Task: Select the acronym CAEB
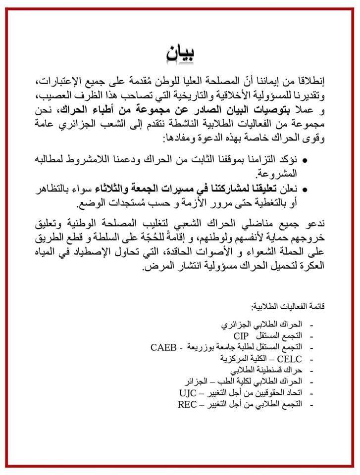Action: (x=164, y=346)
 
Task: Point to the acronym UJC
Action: (x=188, y=393)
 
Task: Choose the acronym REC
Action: (x=188, y=404)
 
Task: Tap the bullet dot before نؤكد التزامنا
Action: (x=304, y=161)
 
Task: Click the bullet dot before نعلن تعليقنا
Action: (x=304, y=189)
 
